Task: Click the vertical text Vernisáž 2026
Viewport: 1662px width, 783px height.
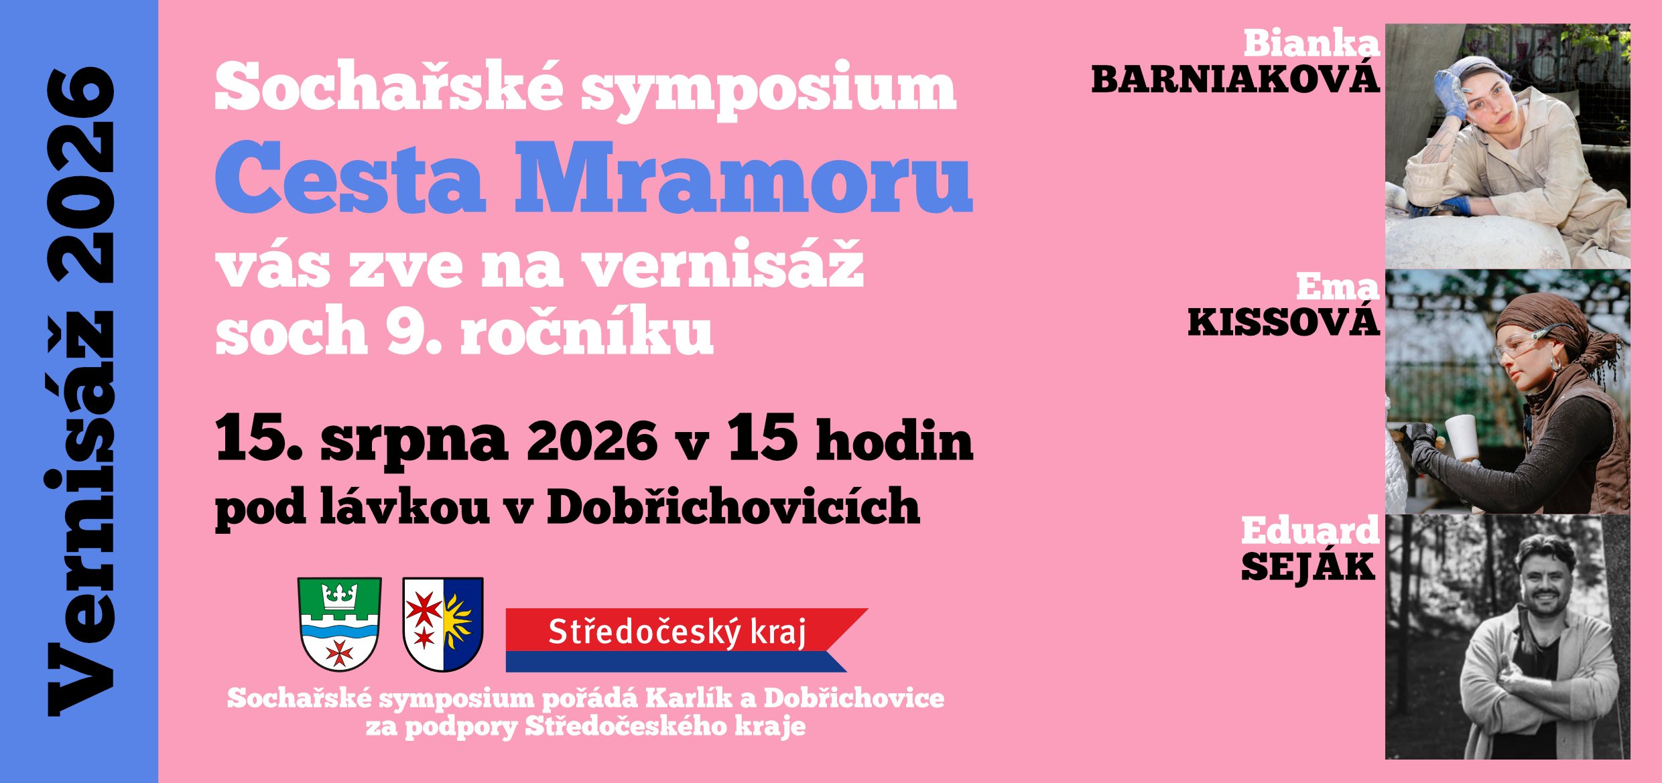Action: click(x=81, y=391)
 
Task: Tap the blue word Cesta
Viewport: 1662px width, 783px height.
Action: click(x=350, y=177)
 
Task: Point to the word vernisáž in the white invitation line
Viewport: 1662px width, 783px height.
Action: click(x=722, y=263)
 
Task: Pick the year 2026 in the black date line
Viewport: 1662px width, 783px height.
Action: click(x=592, y=441)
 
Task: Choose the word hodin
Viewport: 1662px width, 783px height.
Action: click(x=894, y=439)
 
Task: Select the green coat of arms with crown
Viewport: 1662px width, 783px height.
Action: click(x=340, y=624)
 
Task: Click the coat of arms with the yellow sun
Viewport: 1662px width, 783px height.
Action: click(x=443, y=624)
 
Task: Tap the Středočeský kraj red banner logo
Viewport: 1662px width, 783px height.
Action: click(x=686, y=640)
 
